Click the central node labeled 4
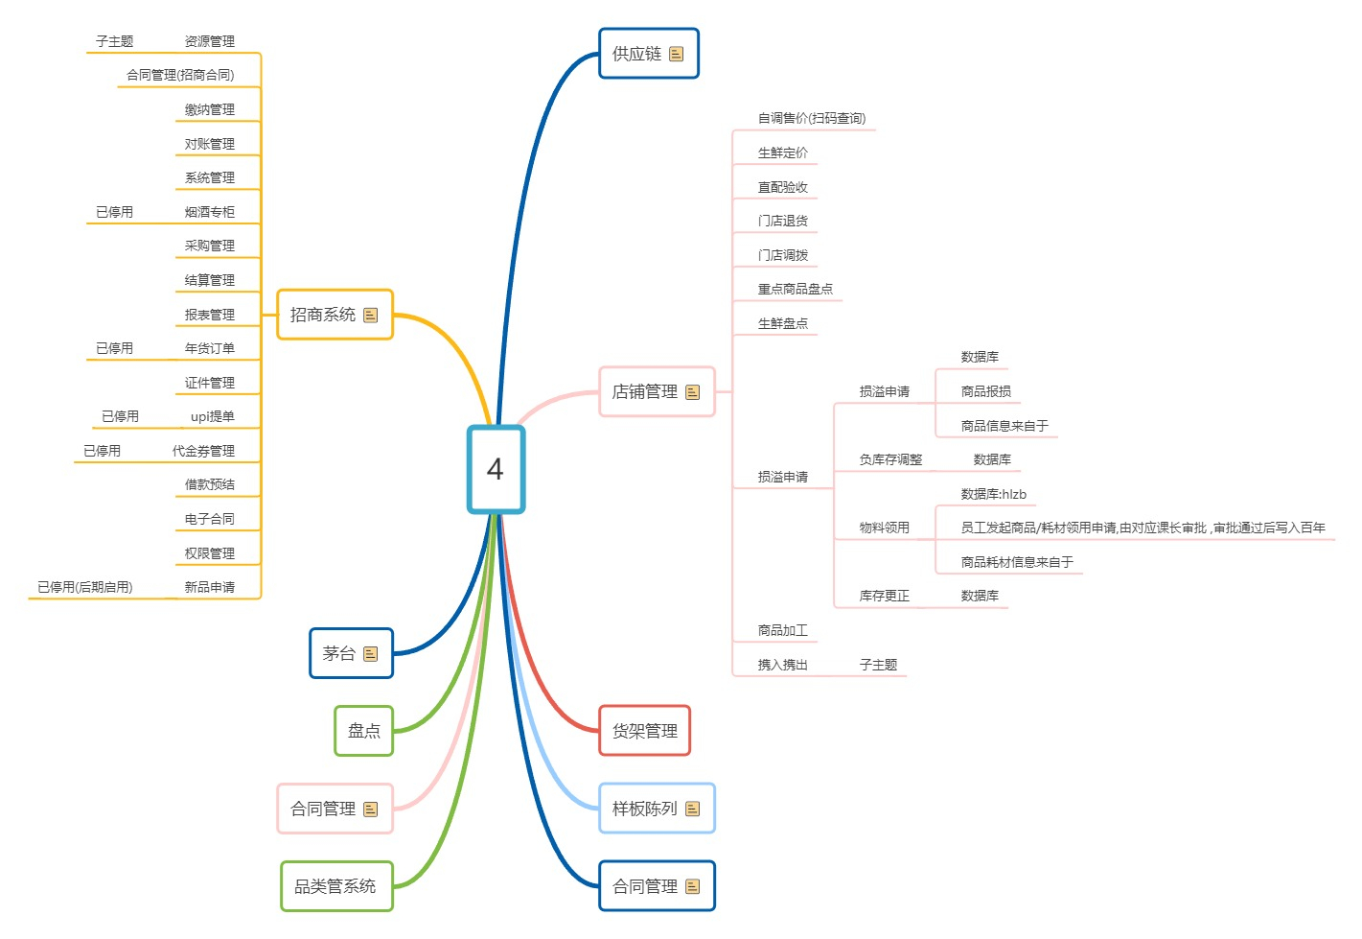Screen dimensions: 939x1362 coord(496,469)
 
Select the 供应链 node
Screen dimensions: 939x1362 coord(637,54)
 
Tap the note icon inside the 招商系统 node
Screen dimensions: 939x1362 coord(371,315)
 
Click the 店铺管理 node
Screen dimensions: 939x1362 coord(645,391)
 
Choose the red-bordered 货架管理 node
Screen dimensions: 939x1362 coord(644,731)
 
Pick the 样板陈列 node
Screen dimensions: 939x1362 coord(645,809)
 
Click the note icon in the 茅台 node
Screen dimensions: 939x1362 coord(371,654)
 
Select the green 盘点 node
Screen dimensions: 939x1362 coord(363,731)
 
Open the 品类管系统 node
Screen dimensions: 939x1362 coord(335,886)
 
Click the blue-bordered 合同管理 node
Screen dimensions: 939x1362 coord(645,886)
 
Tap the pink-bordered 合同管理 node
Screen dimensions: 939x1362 coord(324,809)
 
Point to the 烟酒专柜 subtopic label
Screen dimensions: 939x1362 coord(209,212)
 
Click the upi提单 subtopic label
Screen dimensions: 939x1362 coord(212,416)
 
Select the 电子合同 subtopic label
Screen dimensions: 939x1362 coord(209,519)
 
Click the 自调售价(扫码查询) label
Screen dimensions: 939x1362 coord(811,118)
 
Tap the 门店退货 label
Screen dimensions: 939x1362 coord(782,221)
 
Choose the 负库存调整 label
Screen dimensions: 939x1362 coord(890,459)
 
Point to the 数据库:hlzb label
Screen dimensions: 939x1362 coord(993,494)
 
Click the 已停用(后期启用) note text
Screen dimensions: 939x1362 coord(84,587)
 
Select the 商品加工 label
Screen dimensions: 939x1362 coord(782,630)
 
